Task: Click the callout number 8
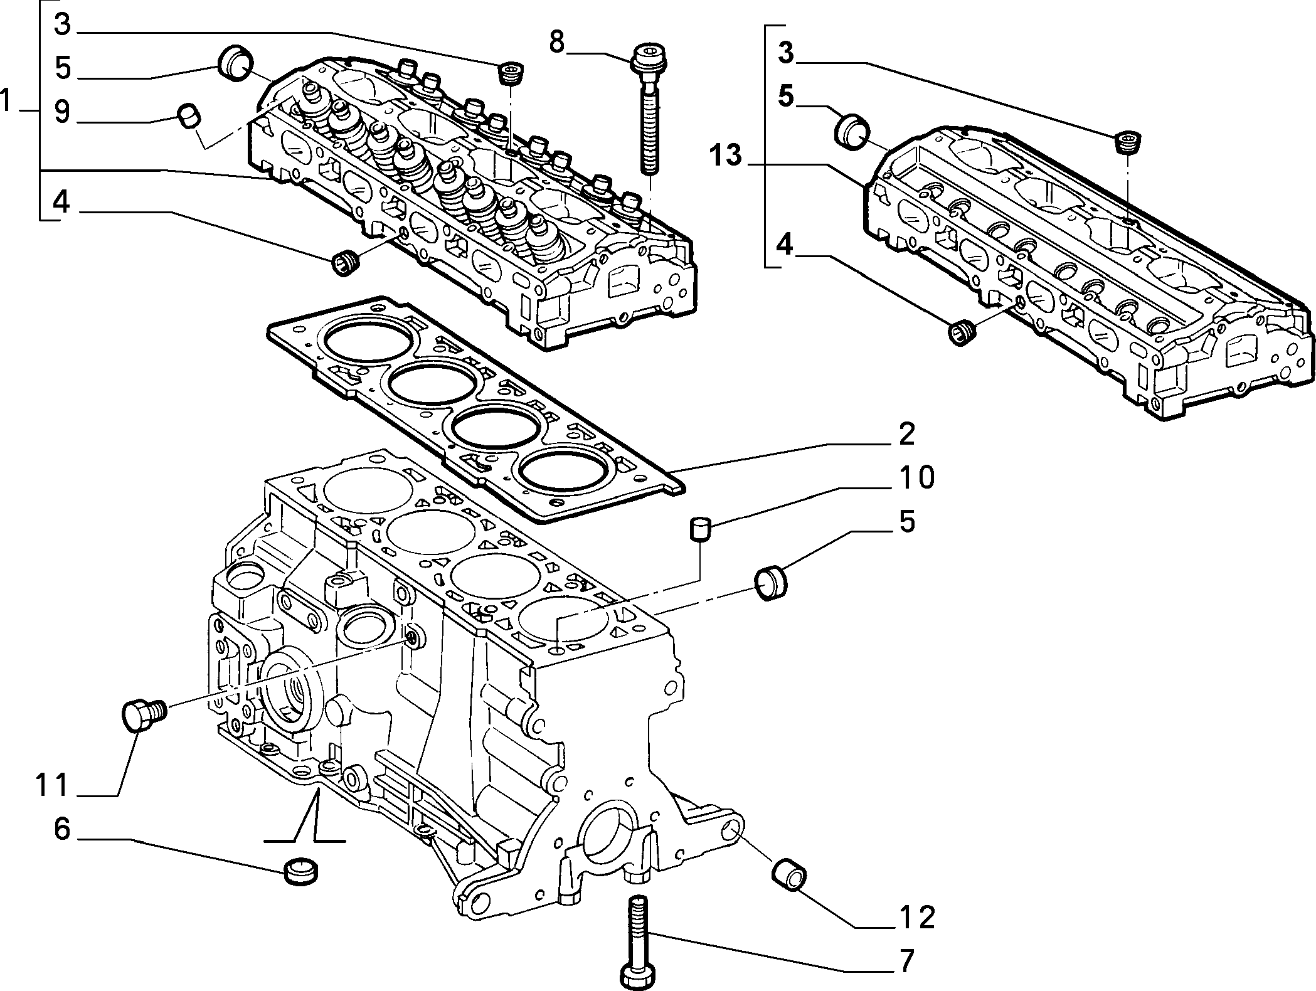coord(556,43)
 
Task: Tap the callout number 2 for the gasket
coord(906,433)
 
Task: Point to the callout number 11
coord(51,785)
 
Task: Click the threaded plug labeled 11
coord(143,716)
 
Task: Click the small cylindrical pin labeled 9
coord(189,117)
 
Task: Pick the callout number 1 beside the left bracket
coord(8,100)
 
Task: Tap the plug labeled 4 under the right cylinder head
coord(962,332)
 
